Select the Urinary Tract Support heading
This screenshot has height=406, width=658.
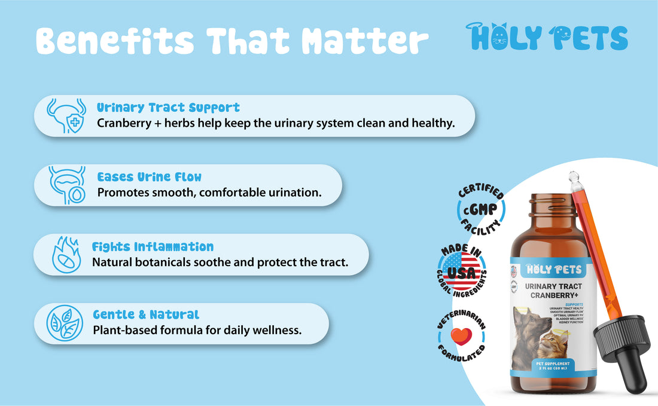pos(168,108)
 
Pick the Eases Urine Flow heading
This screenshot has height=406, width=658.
pos(150,177)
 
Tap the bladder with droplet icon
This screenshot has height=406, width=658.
pos(65,185)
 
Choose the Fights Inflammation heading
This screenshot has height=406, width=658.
pos(153,246)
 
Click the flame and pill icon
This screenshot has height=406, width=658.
pos(66,255)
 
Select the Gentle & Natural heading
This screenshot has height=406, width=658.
pos(146,315)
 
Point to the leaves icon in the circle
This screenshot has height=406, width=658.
pos(64,323)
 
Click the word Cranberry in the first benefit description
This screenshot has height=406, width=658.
pos(123,123)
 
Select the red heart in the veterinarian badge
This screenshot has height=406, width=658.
pos(461,336)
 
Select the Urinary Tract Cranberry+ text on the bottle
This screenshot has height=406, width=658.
pos(553,291)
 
